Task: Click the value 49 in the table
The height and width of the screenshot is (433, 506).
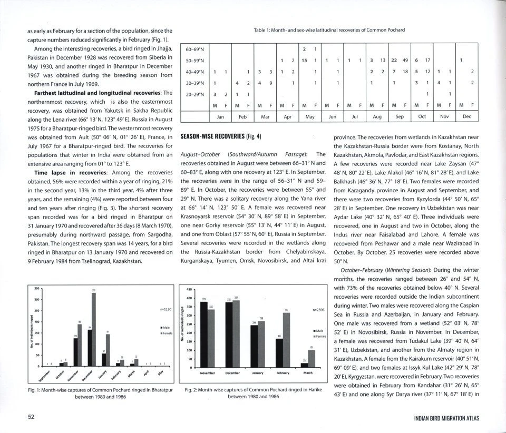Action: (405, 61)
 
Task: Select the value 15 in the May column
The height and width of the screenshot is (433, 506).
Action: (305, 61)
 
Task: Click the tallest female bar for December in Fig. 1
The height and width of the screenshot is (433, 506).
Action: (94, 330)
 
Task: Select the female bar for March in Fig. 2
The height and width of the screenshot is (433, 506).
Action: (312, 358)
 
